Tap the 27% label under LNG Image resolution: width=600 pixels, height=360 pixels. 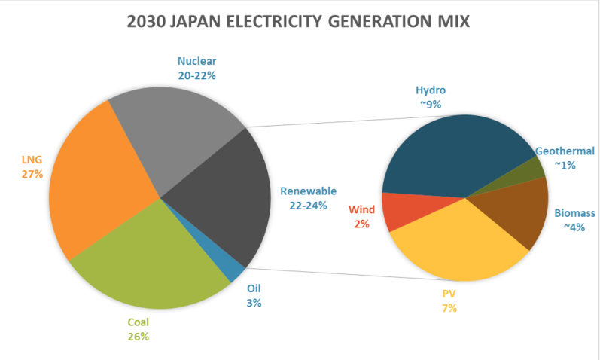[32, 174]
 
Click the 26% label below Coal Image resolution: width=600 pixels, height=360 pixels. [138, 337]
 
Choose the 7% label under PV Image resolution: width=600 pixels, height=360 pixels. [449, 308]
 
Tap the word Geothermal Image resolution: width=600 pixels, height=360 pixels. [565, 151]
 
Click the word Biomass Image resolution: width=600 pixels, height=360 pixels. [574, 213]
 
